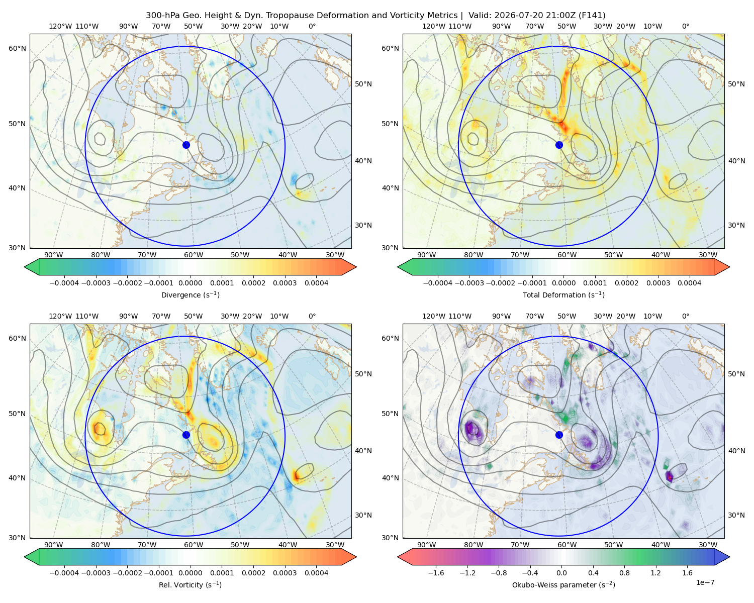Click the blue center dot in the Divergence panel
click(x=186, y=145)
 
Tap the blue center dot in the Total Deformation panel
click(x=559, y=145)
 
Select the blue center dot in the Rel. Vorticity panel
click(x=186, y=435)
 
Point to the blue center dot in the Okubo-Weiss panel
click(x=559, y=435)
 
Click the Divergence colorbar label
click(x=190, y=294)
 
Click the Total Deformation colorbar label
click(x=563, y=294)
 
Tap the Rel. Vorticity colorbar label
click(x=190, y=584)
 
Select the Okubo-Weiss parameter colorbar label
click(x=563, y=584)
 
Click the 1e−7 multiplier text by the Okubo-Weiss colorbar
click(x=705, y=582)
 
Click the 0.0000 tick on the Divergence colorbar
click(x=190, y=283)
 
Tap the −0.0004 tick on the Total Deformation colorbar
click(x=437, y=283)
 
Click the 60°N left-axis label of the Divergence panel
click(x=17, y=48)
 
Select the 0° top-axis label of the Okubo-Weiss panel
click(x=685, y=316)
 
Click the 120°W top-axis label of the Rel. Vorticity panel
click(x=60, y=316)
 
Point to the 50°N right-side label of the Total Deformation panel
click(x=736, y=84)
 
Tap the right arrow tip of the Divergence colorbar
click(x=356, y=267)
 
